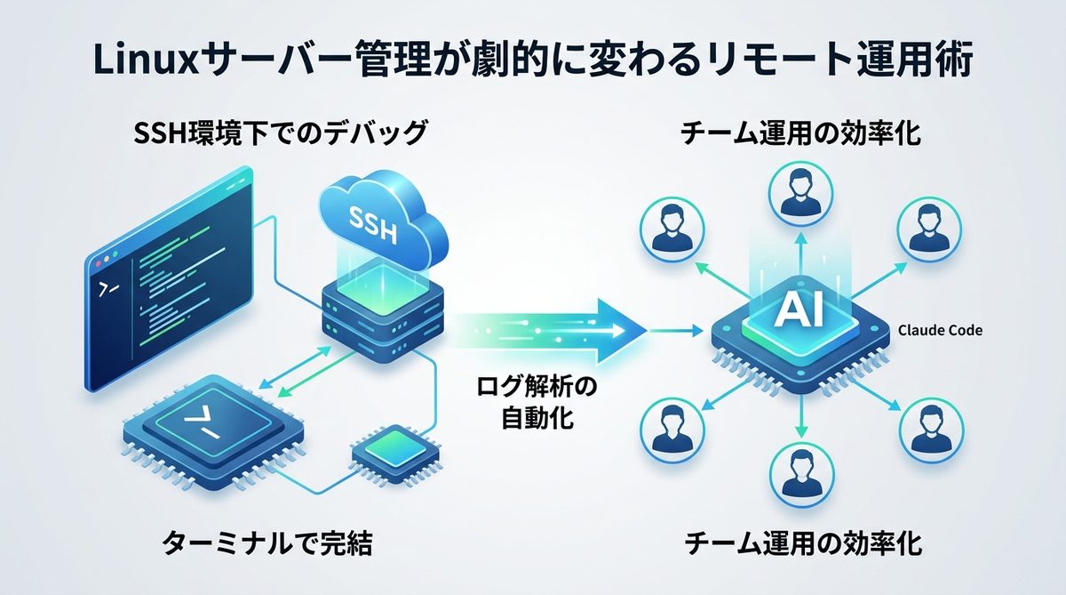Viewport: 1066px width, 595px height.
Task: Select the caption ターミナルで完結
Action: coord(266,543)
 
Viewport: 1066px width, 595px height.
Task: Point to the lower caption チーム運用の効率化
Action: coord(799,543)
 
